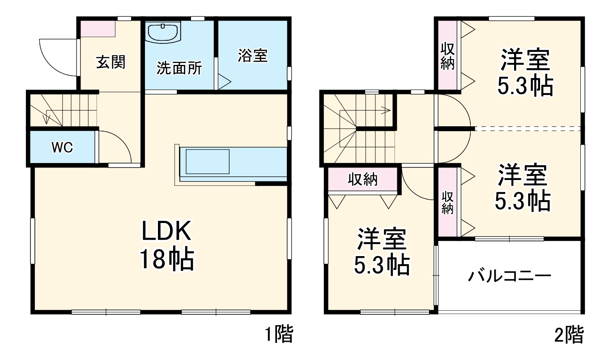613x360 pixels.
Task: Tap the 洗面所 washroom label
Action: tap(179, 69)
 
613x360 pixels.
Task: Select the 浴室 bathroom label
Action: tap(253, 56)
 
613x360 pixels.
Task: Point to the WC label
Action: tap(62, 147)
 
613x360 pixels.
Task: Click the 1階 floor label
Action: tap(278, 334)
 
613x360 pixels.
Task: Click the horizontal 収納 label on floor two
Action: tap(363, 180)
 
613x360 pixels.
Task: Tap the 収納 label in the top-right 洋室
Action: tap(447, 56)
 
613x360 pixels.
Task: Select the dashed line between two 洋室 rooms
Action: tap(528, 128)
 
